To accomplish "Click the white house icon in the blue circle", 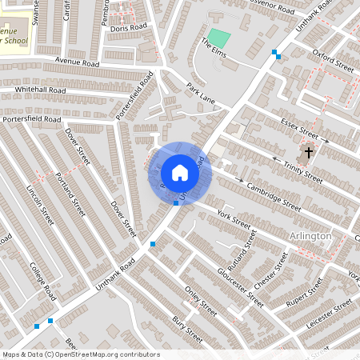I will point(180,173).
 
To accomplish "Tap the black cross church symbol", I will point(309,152).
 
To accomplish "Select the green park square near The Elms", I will point(218,38).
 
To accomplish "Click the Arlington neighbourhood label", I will point(310,236).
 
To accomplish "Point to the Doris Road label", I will point(130,27).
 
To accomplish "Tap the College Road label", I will point(42,280).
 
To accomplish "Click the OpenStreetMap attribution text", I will point(81,354).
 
